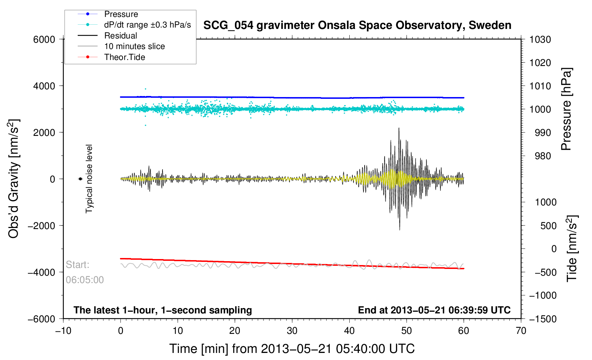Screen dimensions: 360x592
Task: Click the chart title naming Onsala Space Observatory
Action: click(357, 25)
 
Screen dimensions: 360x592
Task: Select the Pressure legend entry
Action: click(121, 14)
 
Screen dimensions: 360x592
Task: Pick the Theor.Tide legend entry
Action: click(124, 57)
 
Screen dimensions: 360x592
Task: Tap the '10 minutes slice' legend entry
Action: click(134, 46)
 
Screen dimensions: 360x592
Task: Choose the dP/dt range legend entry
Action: click(147, 25)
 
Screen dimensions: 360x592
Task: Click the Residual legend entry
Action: click(120, 36)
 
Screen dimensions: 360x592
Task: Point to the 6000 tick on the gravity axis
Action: click(44, 40)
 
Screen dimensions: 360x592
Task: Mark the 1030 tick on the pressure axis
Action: click(540, 40)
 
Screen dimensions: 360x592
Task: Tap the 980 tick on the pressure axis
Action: click(540, 156)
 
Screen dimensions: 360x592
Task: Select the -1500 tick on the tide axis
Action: click(543, 319)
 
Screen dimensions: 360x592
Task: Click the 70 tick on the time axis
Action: click(521, 331)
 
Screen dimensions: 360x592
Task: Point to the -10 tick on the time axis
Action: click(63, 331)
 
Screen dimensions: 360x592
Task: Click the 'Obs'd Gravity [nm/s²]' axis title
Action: click(14, 179)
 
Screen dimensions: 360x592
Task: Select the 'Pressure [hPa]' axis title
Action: click(566, 109)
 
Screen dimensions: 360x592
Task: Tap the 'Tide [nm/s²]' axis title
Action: click(572, 248)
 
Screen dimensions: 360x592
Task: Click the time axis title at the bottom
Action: click(292, 349)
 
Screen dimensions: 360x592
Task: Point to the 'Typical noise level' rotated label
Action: click(89, 179)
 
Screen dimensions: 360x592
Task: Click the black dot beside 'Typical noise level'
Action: click(80, 179)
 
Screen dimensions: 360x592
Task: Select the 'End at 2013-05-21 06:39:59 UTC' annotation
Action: click(434, 310)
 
